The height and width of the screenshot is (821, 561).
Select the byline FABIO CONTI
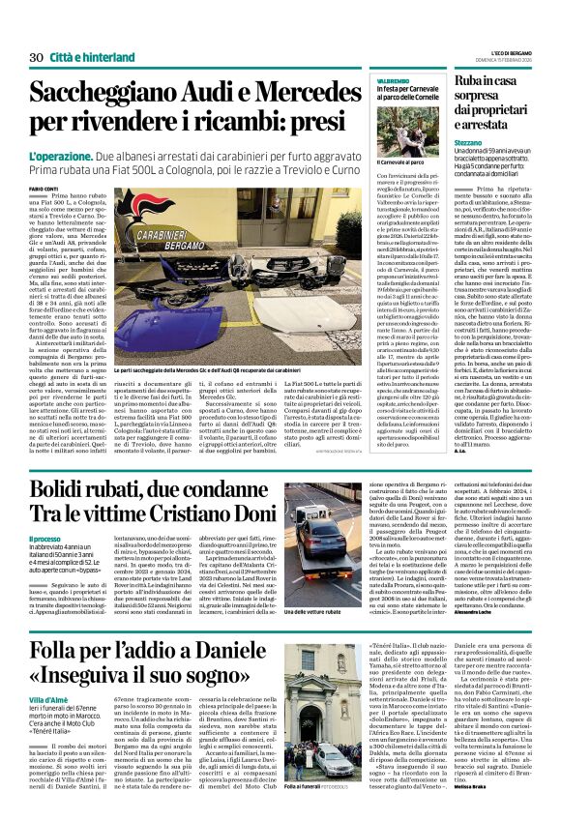pos(44,188)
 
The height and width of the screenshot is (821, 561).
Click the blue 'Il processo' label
pos(44,538)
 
